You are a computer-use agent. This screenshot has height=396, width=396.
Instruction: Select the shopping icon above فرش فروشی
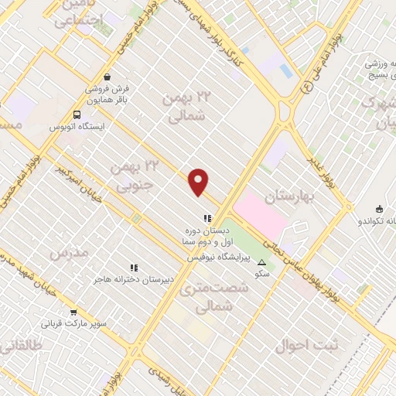(108, 76)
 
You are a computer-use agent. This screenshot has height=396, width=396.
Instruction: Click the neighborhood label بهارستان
(290, 196)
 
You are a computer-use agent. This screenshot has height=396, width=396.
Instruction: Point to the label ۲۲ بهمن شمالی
(184, 107)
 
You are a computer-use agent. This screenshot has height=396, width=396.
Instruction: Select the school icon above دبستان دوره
(206, 218)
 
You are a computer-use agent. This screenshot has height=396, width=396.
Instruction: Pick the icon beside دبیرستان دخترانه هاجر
(134, 268)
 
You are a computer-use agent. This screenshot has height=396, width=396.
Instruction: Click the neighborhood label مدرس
(68, 253)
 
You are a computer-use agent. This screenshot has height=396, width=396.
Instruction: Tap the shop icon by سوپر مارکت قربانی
(73, 313)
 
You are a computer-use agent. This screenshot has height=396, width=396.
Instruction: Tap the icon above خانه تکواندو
(379, 209)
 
